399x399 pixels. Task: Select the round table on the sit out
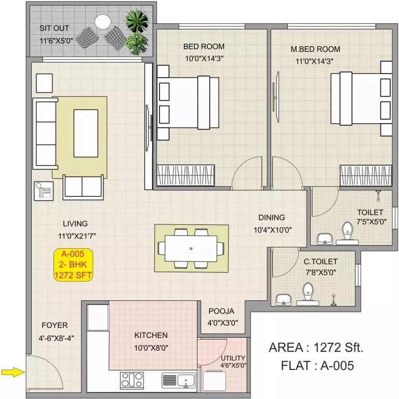click(102, 21)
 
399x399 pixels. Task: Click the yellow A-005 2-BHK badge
click(73, 264)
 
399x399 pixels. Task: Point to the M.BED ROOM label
click(315, 49)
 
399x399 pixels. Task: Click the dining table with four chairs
click(191, 247)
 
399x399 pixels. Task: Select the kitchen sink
click(178, 380)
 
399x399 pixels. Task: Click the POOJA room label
click(222, 311)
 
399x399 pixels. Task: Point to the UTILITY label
click(233, 358)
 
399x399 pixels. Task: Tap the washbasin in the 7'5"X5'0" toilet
click(325, 238)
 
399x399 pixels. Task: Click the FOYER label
click(55, 325)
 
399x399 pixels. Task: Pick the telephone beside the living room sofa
click(43, 191)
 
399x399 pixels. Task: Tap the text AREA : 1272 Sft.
click(316, 348)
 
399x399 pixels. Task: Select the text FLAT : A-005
click(317, 366)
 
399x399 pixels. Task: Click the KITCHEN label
click(151, 335)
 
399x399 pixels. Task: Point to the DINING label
click(272, 218)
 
